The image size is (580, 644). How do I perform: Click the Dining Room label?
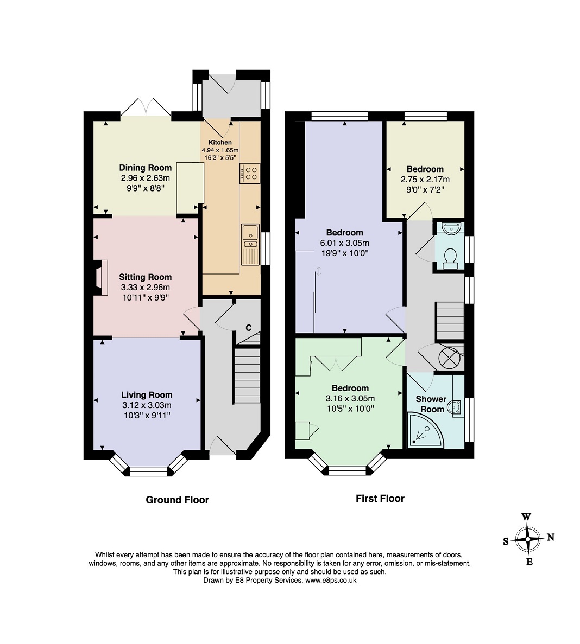click(145, 168)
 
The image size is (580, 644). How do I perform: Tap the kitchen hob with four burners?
click(250, 173)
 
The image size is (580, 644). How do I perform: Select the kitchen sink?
click(250, 244)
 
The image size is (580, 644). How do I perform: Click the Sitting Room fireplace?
click(100, 277)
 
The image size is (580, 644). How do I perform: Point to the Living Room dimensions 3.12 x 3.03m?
click(147, 405)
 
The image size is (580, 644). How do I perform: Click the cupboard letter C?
click(248, 328)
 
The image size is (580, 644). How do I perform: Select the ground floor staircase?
click(247, 375)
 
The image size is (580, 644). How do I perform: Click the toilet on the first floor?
click(451, 258)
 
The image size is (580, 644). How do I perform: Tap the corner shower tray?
click(425, 430)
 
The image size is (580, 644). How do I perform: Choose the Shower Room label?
click(431, 404)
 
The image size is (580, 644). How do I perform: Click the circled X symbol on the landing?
click(448, 358)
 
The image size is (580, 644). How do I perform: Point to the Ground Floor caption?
click(177, 500)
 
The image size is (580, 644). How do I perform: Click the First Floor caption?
click(380, 499)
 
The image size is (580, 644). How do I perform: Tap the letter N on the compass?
click(551, 537)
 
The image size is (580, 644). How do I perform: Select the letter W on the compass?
click(526, 517)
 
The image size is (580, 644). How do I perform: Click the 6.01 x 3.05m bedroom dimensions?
click(344, 243)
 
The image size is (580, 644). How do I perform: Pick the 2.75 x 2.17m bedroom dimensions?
click(425, 180)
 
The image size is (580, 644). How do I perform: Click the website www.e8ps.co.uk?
click(331, 581)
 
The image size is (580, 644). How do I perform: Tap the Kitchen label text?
click(220, 142)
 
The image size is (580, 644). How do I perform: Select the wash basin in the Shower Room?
click(455, 407)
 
